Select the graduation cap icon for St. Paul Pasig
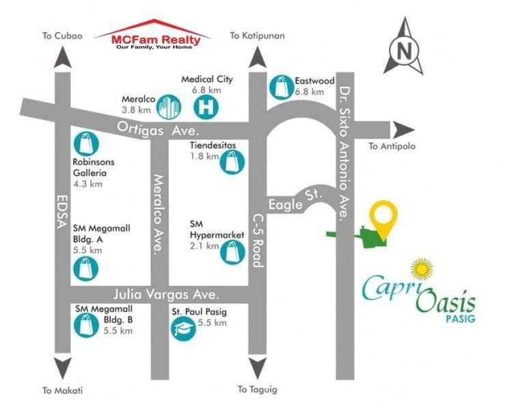183,328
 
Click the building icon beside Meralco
169,107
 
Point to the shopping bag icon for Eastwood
281,87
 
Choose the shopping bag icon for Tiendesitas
232,162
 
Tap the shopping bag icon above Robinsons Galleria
86,144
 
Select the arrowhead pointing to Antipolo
402,130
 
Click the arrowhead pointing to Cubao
62,57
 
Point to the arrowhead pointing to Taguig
258,368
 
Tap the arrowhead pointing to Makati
62,368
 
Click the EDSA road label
62,211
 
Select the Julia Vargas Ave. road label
167,295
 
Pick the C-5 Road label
258,241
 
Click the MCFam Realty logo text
156,40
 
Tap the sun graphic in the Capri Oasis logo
422,270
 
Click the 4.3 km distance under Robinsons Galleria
87,184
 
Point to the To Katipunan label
258,36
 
